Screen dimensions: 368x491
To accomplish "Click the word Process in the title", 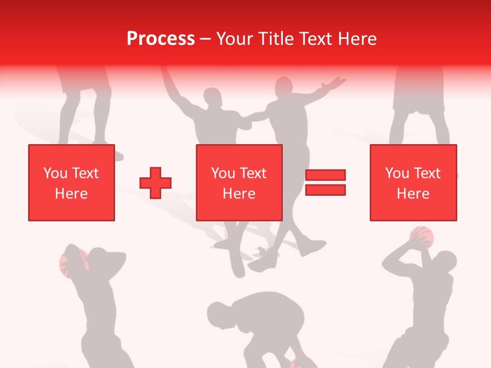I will (161, 38).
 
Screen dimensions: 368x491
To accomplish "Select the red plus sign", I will (155, 182).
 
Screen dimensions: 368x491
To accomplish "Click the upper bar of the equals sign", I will (325, 175).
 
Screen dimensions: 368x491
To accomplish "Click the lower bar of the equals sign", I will (325, 190).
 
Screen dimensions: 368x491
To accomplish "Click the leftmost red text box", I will (72, 182).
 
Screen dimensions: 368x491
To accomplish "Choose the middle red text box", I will (239, 182).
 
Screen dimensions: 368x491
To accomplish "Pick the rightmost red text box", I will (413, 182).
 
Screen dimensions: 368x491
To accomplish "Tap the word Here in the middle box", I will (239, 194).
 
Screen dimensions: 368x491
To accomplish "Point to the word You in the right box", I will (397, 173).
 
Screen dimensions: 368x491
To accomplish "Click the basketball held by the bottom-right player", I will (422, 236).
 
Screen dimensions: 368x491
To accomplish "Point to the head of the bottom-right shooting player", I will (446, 261).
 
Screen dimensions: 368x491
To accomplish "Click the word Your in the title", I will (235, 38).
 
